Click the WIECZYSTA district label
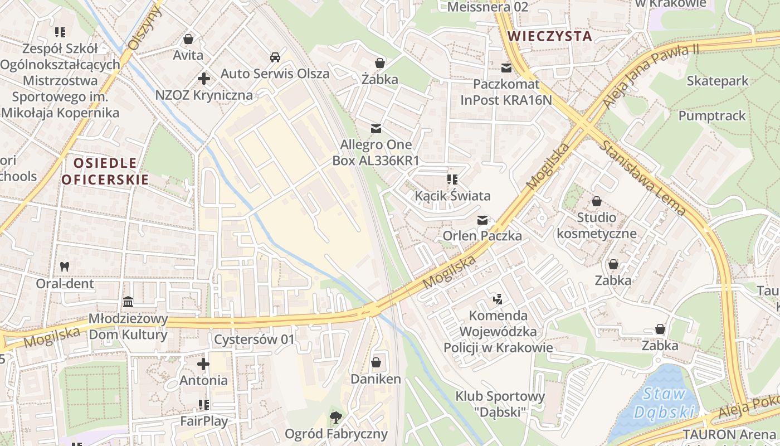[x=550, y=36]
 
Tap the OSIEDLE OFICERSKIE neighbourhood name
[x=105, y=171]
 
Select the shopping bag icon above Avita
[x=188, y=39]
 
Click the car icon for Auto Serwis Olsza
[x=275, y=57]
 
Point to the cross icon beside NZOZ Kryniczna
[x=204, y=79]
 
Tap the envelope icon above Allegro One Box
[x=376, y=129]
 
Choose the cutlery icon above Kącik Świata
[x=452, y=180]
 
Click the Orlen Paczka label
[x=482, y=236]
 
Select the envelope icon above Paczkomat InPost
[x=506, y=68]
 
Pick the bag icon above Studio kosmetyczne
[x=597, y=201]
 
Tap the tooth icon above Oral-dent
[x=65, y=266]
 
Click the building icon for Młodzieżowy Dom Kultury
[x=128, y=302]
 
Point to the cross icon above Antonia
[x=203, y=364]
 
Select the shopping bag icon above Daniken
[x=376, y=362]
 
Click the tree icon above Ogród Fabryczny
[x=335, y=416]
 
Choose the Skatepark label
[x=718, y=81]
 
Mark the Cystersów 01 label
[x=254, y=339]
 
